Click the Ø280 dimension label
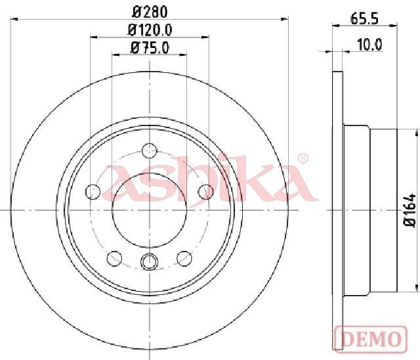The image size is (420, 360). (150, 12)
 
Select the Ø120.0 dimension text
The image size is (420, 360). (150, 30)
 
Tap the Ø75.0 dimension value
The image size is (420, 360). (150, 48)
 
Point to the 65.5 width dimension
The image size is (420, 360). (364, 19)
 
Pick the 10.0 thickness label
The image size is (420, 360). (369, 45)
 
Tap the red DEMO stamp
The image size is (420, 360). (371, 339)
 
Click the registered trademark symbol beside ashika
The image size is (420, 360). (303, 158)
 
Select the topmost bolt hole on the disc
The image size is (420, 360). (149, 150)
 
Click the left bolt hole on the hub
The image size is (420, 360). (93, 192)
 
